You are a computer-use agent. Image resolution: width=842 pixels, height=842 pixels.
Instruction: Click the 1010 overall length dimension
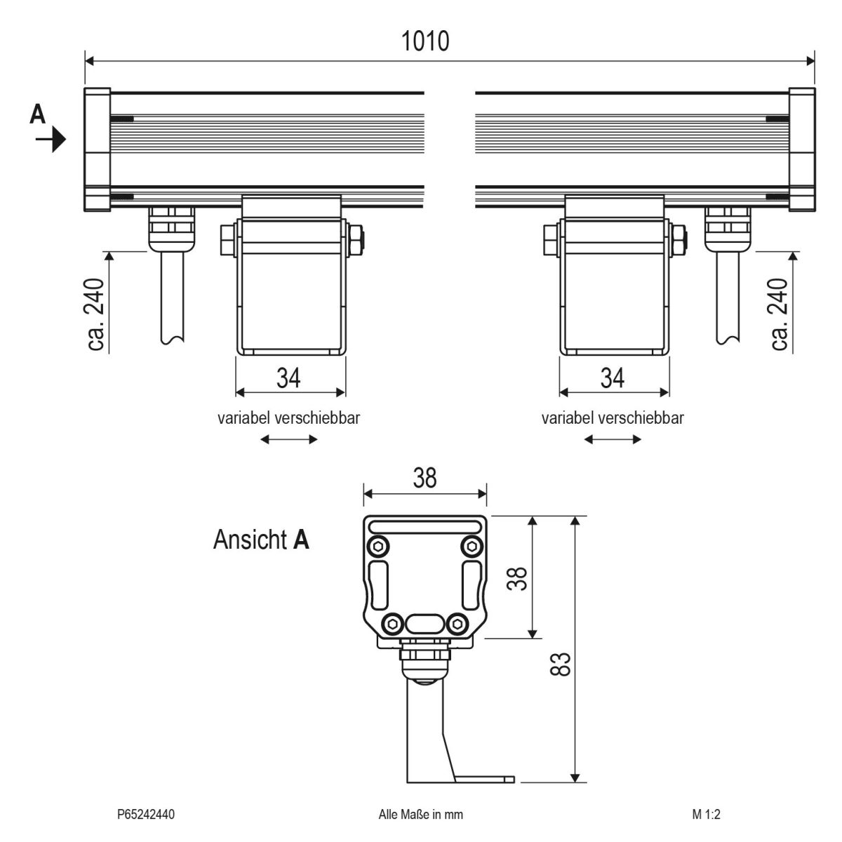pos(425,41)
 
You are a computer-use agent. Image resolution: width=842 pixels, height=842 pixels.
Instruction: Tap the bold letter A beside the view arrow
pos(38,114)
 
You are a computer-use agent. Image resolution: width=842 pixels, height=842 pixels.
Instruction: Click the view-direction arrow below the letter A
pos(51,140)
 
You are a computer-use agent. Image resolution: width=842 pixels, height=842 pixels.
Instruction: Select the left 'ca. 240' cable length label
pos(97,314)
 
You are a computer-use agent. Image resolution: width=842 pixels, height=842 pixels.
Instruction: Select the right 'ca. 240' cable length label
pos(780,314)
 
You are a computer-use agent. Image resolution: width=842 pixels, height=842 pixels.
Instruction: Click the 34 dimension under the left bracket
pos(288,377)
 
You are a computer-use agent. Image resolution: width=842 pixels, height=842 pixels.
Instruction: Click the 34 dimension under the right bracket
pos(613,377)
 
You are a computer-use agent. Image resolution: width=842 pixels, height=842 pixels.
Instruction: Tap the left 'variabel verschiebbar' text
pos(289,418)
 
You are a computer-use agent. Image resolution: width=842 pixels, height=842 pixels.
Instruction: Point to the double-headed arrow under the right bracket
pos(613,440)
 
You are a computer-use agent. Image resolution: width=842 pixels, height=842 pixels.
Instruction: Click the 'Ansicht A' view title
pos(261,540)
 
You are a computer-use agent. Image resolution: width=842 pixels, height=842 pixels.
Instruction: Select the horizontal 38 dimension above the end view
pos(425,479)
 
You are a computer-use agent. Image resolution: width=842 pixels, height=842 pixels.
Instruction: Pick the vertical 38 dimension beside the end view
pos(518,577)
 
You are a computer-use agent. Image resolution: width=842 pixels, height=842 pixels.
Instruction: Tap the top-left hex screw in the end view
pos(379,546)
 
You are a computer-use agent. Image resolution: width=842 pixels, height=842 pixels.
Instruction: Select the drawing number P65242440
pos(146,815)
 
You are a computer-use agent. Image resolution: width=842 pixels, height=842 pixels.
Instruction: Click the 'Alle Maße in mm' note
pos(420,815)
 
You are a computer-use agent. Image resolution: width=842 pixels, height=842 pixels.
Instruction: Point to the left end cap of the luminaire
pos(97,149)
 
